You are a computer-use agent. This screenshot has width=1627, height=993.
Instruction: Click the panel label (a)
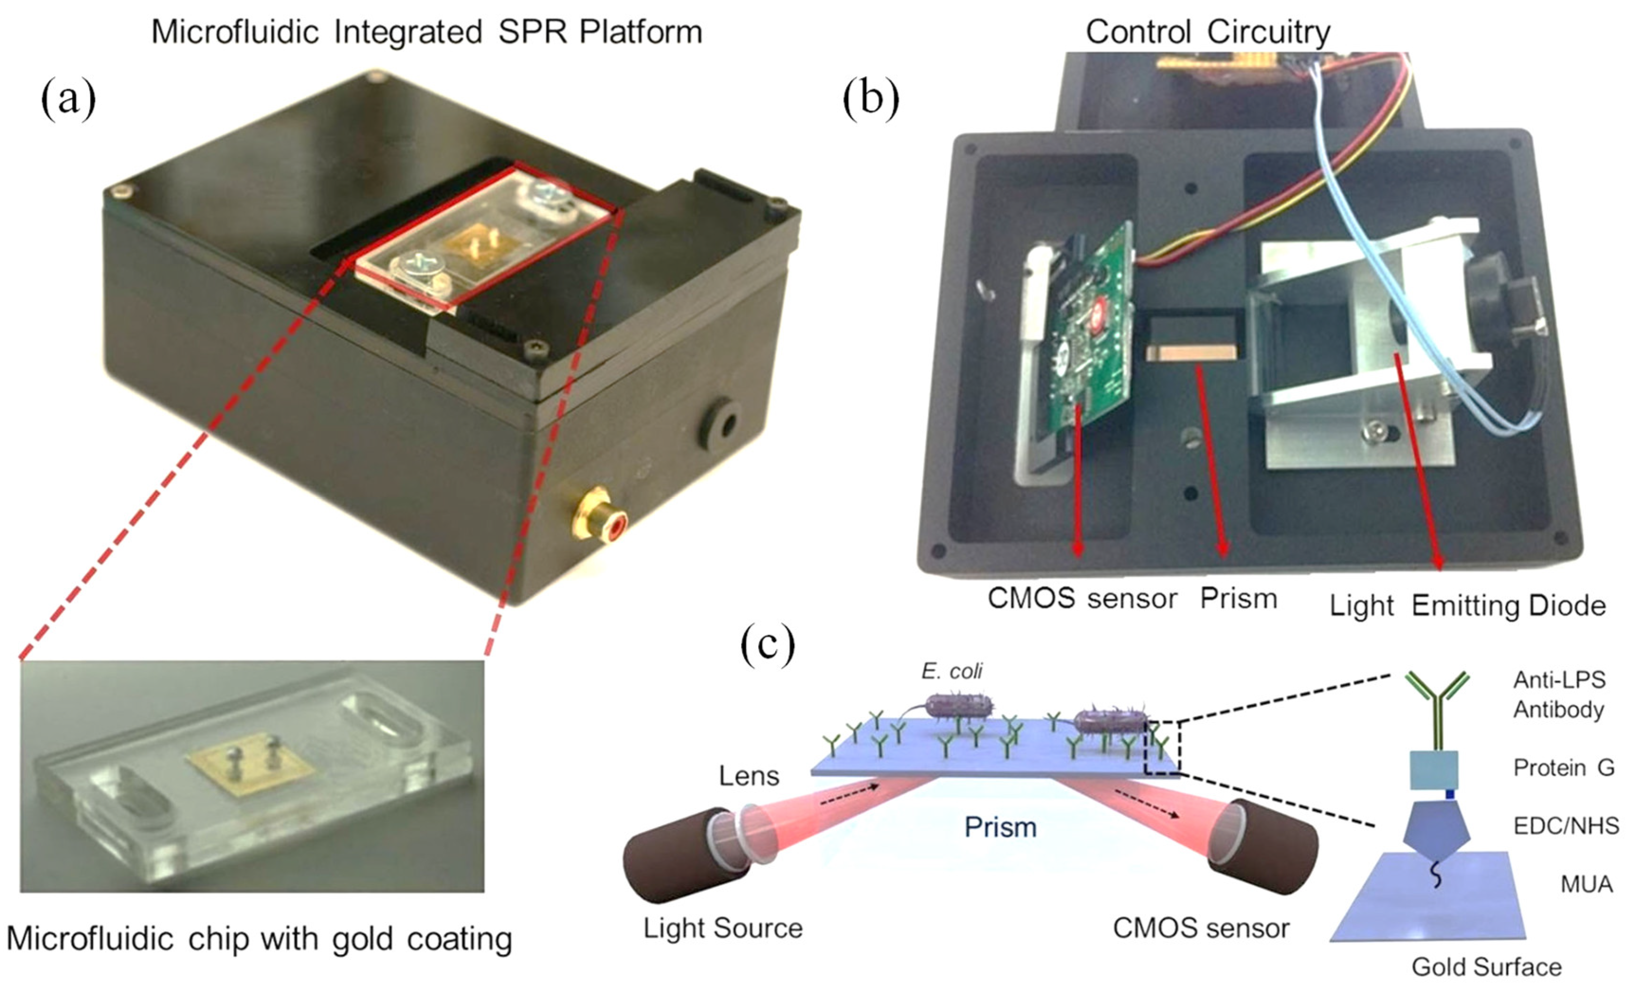click(x=68, y=99)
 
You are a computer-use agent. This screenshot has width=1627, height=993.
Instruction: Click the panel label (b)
click(x=870, y=99)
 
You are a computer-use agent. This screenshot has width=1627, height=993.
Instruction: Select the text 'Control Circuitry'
click(x=1208, y=32)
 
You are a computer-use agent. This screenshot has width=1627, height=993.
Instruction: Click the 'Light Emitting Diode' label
click(x=1467, y=605)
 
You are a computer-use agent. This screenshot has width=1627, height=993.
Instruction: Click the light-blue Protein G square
click(x=1434, y=770)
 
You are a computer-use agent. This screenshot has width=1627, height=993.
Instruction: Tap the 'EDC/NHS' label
click(x=1565, y=825)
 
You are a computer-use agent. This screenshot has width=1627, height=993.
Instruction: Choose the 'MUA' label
click(x=1586, y=884)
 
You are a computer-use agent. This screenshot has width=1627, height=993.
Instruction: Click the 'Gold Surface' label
click(x=1486, y=967)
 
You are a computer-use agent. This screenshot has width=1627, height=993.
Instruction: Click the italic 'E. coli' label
click(x=951, y=671)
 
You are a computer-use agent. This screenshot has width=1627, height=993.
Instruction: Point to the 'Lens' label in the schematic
click(x=749, y=776)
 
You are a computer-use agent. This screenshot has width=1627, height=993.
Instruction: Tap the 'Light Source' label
click(x=723, y=928)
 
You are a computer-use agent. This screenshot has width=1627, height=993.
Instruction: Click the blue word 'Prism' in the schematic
click(x=1000, y=827)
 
